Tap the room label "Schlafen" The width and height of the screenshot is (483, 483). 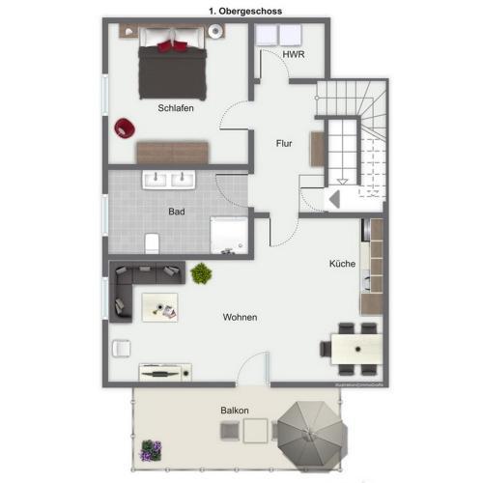pos(176,108)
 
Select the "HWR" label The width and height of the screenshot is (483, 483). pos(294,55)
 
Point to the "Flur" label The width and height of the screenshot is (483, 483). pos(284,143)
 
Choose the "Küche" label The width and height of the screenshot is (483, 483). pos(342,263)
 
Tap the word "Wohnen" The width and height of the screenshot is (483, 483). pos(240,317)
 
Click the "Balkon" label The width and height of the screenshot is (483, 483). pos(234,411)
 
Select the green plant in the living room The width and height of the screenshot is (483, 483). pos(201,273)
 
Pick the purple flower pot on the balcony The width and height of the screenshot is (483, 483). pos(150,449)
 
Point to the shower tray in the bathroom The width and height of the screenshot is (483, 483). pos(229,235)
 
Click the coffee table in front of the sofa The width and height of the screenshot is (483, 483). pos(160,307)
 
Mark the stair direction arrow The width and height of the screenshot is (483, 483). pos(335,198)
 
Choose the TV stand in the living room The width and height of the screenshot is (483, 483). pos(165,371)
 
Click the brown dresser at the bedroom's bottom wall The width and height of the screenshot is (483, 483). pos(173,152)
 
